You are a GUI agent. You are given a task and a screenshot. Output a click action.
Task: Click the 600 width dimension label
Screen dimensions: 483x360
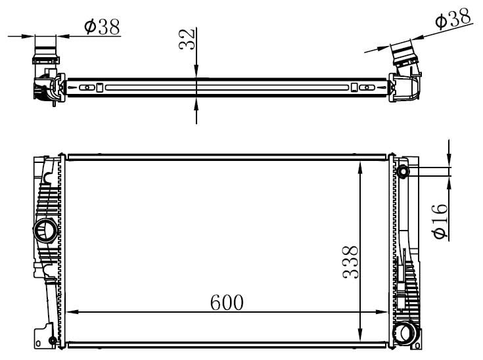[x=227, y=302]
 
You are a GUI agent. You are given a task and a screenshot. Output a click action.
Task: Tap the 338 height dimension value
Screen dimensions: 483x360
[x=350, y=262]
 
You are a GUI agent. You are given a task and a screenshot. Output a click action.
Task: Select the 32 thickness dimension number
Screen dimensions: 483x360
[x=187, y=39]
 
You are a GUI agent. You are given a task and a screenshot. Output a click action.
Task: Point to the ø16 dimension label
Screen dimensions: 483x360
[x=440, y=221]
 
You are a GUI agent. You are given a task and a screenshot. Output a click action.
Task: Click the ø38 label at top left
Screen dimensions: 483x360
[x=102, y=26]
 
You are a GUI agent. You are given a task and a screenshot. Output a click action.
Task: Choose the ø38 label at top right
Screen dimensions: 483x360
[x=453, y=18]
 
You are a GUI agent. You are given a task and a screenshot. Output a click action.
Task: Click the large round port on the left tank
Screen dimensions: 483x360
[x=45, y=231]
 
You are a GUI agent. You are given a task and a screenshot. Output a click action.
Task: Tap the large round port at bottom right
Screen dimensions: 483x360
[x=406, y=333]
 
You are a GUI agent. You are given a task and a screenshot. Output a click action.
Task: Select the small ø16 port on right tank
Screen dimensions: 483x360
[x=402, y=171]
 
